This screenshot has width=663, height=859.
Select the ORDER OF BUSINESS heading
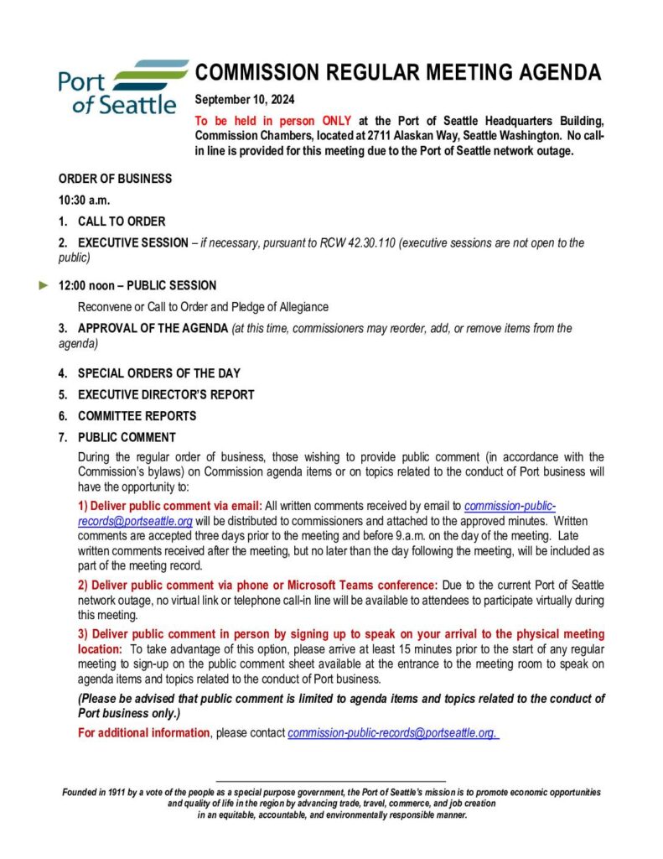pos(115,179)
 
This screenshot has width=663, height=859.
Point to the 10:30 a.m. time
pos(84,200)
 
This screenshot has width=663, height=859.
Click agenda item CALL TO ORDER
pos(122,221)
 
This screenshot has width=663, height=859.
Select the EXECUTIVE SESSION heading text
pos(132,243)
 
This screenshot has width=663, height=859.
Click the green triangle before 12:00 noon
pos(44,285)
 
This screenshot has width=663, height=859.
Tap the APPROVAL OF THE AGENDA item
pos(153,328)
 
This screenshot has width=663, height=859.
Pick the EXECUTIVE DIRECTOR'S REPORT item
pos(166,394)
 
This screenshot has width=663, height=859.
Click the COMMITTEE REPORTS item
pos(137,416)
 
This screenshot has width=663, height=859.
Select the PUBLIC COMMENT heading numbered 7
pos(127,437)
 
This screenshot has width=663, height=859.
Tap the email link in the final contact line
pos(393,733)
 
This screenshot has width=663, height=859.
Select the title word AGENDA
pos(560,72)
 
